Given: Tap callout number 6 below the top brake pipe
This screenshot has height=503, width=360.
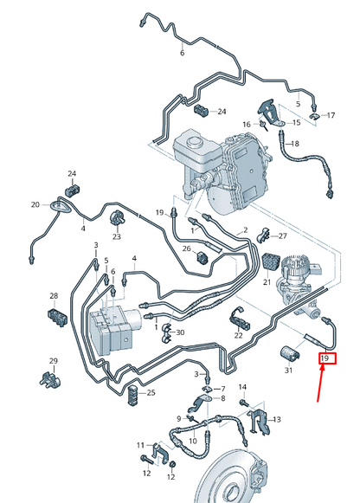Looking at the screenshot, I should click(x=182, y=53).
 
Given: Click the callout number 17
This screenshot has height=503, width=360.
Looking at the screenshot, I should click(x=330, y=115).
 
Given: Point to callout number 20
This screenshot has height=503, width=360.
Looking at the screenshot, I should click(x=35, y=205).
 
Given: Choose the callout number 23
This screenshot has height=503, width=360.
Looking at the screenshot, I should click(x=116, y=236).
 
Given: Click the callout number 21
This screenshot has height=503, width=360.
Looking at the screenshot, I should click(x=267, y=282).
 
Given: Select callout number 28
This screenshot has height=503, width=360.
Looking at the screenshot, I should click(x=53, y=296).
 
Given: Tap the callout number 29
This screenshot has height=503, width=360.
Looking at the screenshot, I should click(x=53, y=361).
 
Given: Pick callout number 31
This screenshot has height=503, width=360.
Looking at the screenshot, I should click(x=288, y=371).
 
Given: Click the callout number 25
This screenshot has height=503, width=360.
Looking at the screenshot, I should click(x=151, y=393).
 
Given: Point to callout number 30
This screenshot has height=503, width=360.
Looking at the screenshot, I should click(x=180, y=333).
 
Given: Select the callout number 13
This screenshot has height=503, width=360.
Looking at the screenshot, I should click(x=277, y=420).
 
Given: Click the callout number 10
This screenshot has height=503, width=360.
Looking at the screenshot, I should click(x=192, y=441).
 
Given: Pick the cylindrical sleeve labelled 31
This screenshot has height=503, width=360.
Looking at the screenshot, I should click(x=287, y=352).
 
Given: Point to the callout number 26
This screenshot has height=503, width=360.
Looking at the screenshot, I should click(x=186, y=249).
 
